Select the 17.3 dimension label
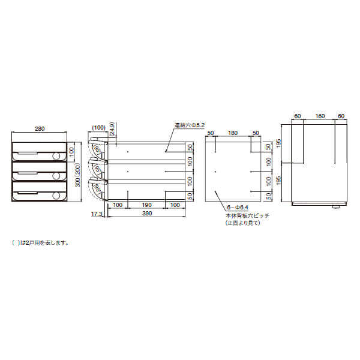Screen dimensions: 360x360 tap(96, 214)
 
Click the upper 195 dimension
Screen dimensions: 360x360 tap(278, 144)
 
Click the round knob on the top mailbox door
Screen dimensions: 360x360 tap(56, 156)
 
